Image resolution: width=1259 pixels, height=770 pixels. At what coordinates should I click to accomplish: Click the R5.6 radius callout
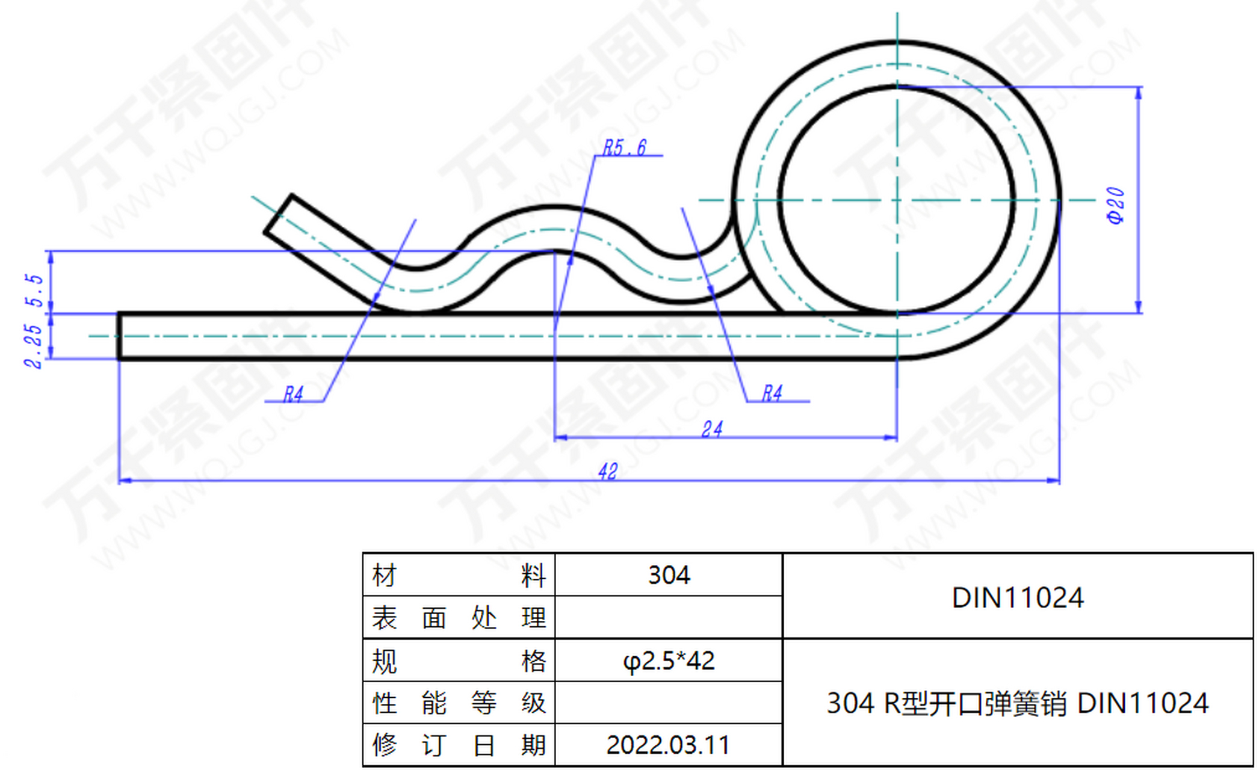[x=625, y=147]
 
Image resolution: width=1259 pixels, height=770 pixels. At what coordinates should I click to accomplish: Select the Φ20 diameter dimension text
[x=1115, y=205]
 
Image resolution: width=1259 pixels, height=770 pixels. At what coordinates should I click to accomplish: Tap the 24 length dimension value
[x=712, y=429]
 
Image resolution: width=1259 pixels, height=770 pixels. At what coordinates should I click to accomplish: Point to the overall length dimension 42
[x=608, y=471]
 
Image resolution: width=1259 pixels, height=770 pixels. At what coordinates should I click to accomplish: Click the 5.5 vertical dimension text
[x=34, y=290]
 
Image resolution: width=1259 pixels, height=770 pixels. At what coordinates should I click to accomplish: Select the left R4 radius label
[x=293, y=394]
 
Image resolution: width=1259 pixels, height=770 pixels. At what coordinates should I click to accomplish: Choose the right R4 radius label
[x=772, y=393]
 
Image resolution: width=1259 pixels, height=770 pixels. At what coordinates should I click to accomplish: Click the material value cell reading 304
[x=669, y=575]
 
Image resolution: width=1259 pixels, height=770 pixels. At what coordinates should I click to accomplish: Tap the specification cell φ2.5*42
[x=669, y=661]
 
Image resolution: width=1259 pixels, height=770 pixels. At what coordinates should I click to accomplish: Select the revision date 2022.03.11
[x=668, y=745]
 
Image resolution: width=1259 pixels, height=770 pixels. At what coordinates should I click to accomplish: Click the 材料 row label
[x=459, y=576]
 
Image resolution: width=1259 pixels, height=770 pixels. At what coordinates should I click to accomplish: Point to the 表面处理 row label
[x=459, y=618]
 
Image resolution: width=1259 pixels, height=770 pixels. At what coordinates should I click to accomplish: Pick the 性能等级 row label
[x=459, y=703]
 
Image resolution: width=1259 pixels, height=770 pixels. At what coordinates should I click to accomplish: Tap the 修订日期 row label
[x=459, y=745]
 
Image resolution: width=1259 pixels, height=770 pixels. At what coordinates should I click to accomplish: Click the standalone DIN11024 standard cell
[x=1018, y=597]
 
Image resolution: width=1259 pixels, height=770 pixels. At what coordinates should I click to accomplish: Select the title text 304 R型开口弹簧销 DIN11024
[x=1018, y=703]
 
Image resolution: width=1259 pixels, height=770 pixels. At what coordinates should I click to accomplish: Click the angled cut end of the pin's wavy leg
[x=278, y=214]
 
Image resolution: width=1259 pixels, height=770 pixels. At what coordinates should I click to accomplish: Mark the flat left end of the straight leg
[x=120, y=336]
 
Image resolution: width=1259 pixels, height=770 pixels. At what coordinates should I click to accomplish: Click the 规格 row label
[x=459, y=661]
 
